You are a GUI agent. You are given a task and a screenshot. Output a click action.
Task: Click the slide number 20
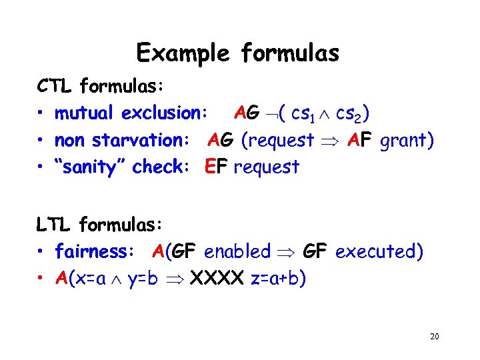click(434, 337)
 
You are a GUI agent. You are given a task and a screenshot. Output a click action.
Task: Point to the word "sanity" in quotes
click(91, 167)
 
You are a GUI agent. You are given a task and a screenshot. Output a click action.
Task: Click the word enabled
click(237, 252)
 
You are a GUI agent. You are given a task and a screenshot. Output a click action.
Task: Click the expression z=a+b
click(278, 279)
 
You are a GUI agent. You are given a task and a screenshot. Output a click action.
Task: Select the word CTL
click(55, 86)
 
